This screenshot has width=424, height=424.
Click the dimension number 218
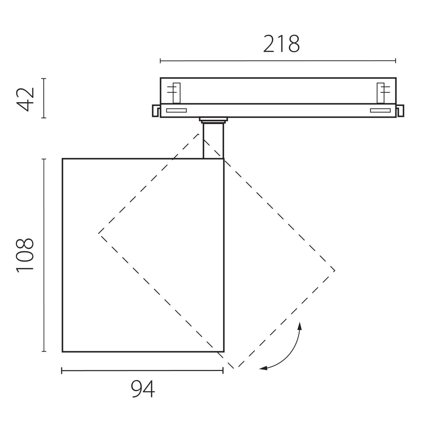point(281,44)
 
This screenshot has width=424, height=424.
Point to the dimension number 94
point(143,390)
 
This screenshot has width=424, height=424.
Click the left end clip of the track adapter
point(156,111)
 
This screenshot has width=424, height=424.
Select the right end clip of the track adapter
point(400,111)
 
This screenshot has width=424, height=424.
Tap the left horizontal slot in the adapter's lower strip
point(176,111)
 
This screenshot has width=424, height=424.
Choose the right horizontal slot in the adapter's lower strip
point(380,111)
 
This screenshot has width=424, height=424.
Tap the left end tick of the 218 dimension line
point(160,61)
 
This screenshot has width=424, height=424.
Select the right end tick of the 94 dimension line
point(223,370)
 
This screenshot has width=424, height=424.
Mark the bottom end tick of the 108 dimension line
point(44,351)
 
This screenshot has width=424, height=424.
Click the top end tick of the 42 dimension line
point(44,78)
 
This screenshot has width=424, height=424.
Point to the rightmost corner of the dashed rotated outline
point(335,271)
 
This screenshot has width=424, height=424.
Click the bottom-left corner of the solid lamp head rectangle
point(63,352)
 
